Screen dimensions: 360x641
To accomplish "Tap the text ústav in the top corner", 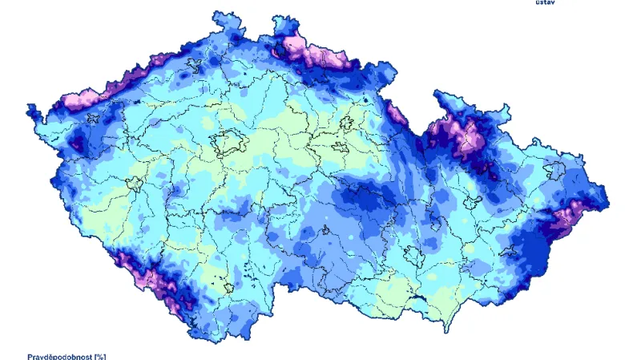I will click(x=545, y=2).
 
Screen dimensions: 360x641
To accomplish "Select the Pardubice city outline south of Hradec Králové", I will click(x=337, y=148).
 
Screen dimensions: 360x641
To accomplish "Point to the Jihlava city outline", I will click(x=326, y=233).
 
